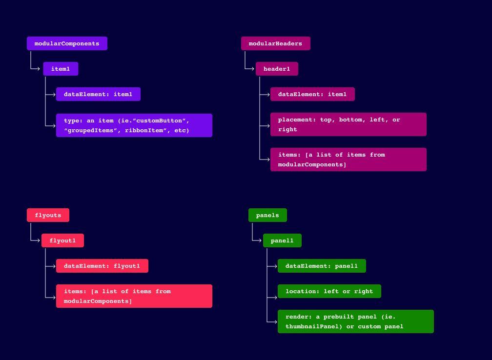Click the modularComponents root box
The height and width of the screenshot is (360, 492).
click(x=67, y=43)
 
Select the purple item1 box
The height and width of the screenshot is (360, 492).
click(x=61, y=69)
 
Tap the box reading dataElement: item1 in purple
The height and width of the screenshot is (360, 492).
click(x=98, y=94)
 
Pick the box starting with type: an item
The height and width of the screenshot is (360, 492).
click(x=134, y=125)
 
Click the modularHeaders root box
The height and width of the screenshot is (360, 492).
click(x=275, y=43)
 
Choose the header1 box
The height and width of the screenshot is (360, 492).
click(x=277, y=69)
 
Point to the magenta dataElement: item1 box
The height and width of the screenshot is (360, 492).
click(x=312, y=94)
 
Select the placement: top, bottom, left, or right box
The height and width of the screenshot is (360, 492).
click(x=348, y=124)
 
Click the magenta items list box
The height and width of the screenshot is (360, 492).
click(x=348, y=160)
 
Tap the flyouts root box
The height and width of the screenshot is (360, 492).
click(x=48, y=215)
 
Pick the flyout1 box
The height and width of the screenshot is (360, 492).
click(x=62, y=240)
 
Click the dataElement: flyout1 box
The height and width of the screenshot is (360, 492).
click(x=102, y=266)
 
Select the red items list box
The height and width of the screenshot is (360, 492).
click(x=134, y=296)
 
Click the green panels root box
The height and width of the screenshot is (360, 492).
click(x=267, y=215)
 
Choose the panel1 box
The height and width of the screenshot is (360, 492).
click(x=282, y=240)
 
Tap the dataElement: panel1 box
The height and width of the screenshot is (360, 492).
click(x=322, y=266)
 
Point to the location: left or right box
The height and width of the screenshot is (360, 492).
click(x=329, y=291)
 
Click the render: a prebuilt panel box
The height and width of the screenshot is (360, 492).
click(x=356, y=321)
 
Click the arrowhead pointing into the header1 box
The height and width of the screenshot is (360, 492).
click(x=253, y=69)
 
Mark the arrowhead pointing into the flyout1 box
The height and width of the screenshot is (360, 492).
click(x=39, y=240)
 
